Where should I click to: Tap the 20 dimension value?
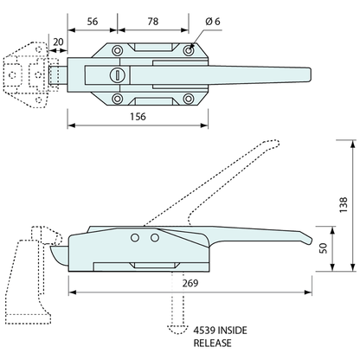[58, 40]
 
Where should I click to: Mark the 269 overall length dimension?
[190, 282]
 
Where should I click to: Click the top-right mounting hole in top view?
[190, 54]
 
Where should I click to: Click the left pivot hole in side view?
[134, 236]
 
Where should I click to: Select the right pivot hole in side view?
[154, 236]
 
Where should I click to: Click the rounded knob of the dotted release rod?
[176, 328]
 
